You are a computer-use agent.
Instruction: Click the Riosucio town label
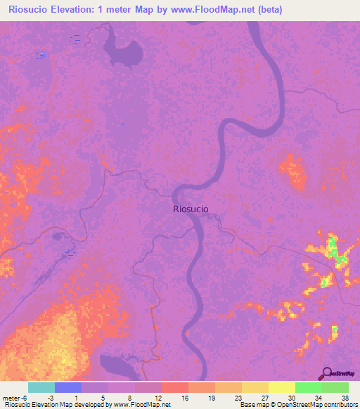[191, 209]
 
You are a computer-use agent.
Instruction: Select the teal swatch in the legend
[41, 387]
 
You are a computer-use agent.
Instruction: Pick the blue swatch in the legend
[68, 387]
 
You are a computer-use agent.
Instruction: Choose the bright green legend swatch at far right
[335, 387]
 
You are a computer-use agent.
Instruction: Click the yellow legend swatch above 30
[282, 387]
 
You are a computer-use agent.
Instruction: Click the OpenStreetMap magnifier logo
[326, 374]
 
